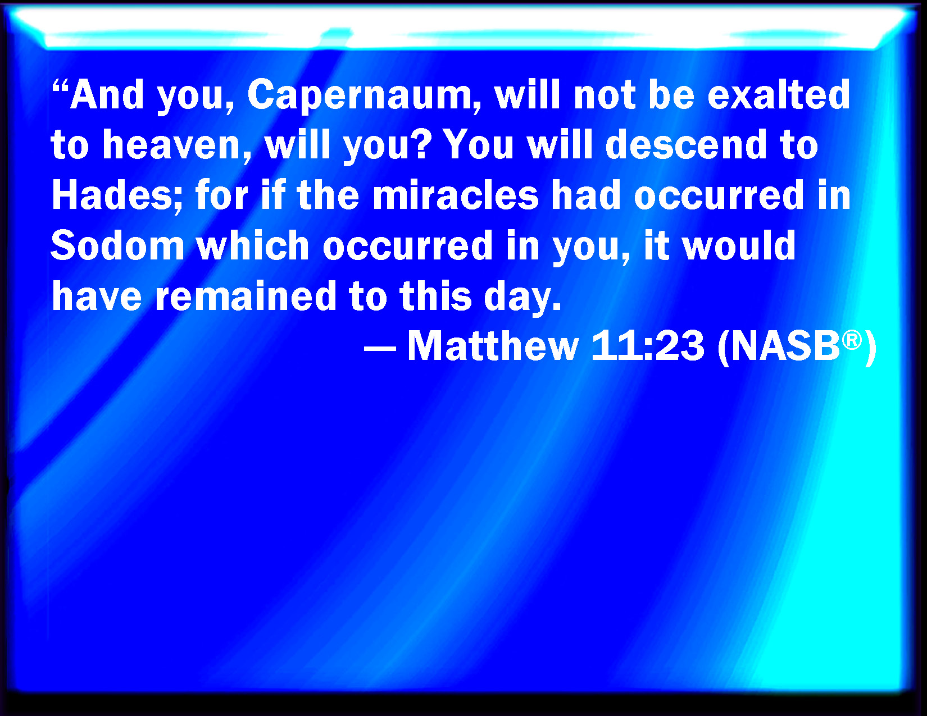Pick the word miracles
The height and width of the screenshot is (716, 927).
click(x=456, y=195)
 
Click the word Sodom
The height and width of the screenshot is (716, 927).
click(x=117, y=245)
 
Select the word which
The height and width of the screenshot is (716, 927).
click(x=253, y=245)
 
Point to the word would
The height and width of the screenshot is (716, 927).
click(x=739, y=245)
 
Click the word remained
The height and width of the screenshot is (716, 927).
click(x=246, y=295)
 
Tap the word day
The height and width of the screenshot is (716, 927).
click(x=522, y=297)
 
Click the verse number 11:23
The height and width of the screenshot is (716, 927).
click(x=648, y=346)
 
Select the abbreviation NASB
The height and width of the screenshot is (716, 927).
click(x=785, y=346)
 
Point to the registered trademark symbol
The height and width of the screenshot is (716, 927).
click(x=852, y=340)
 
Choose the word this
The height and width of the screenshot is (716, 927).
click(x=435, y=295)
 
